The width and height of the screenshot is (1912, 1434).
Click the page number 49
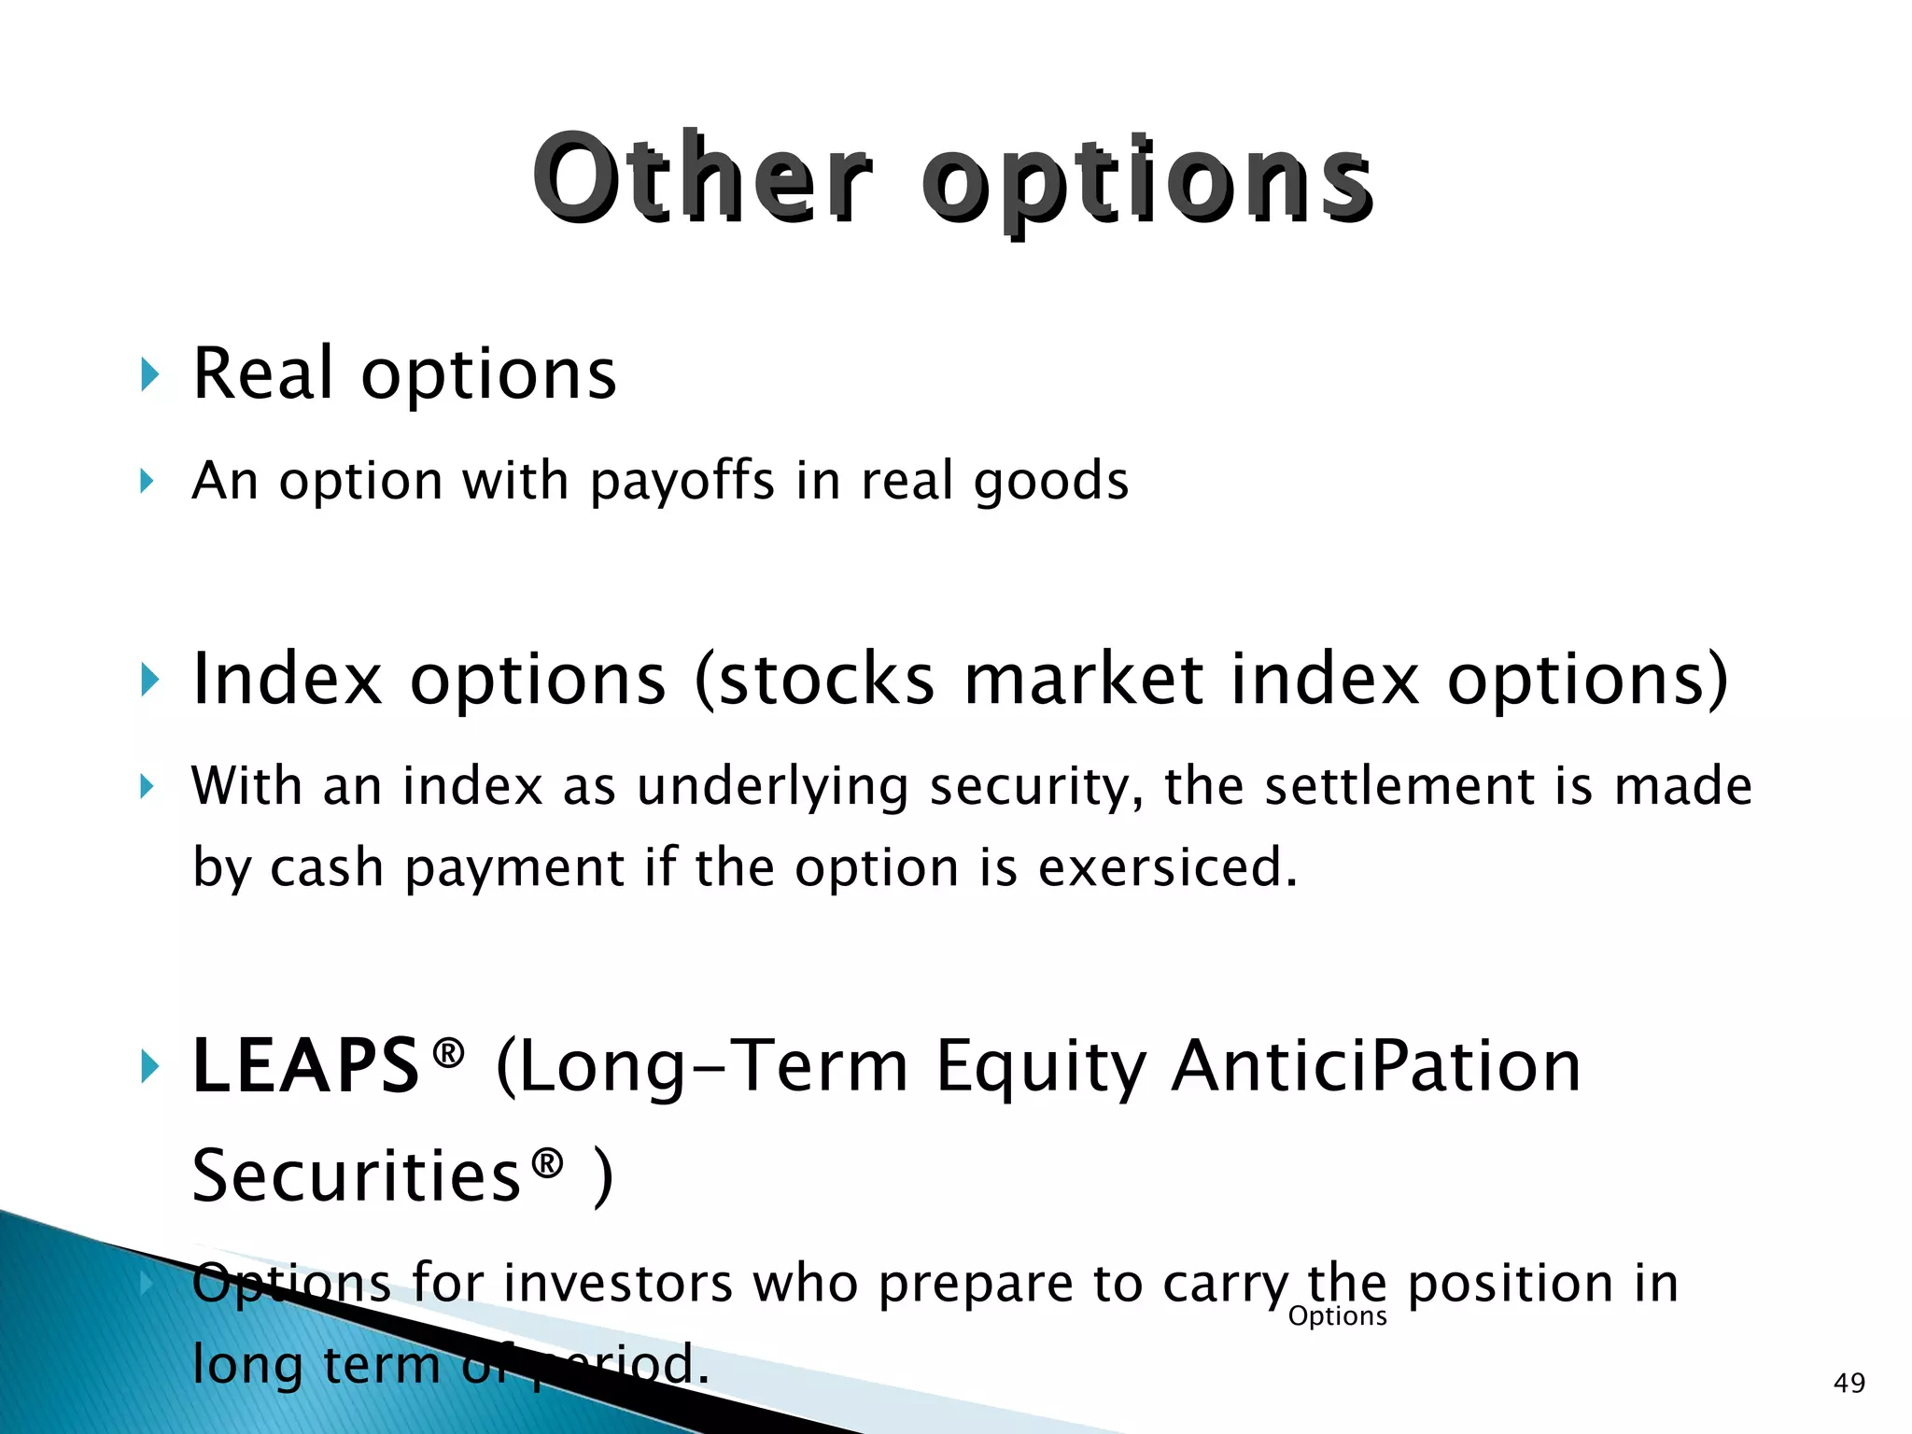coord(1849,1383)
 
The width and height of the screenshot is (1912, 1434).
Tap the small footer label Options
coord(1337,1316)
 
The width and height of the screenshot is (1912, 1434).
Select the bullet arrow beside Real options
coord(148,375)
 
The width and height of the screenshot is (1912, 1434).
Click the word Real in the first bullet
coord(262,373)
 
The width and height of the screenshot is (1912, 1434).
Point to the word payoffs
coord(682,482)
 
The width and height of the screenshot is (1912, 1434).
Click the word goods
coord(1050,482)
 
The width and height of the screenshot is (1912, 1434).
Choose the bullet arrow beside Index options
coord(148,680)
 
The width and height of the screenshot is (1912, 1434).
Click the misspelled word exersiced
coord(1167,868)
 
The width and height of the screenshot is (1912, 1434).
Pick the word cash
coord(327,868)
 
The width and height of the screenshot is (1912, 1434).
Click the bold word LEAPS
coord(305,1066)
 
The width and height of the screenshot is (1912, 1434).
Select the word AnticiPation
coord(1376,1066)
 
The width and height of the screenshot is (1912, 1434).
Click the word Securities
coord(356,1176)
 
